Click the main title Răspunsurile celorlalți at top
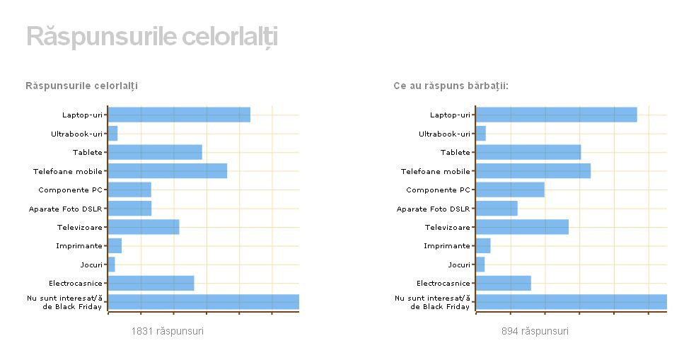(151, 37)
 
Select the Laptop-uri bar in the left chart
(179, 115)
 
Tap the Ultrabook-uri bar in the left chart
(112, 134)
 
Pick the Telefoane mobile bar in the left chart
(168, 171)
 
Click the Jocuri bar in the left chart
(111, 265)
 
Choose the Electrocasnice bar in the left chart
(151, 283)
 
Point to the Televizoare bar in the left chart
(144, 227)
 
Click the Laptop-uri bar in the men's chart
(557, 115)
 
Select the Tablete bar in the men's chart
(528, 152)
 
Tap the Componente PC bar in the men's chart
(510, 190)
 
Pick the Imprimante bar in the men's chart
(483, 245)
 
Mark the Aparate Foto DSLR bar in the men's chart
(497, 209)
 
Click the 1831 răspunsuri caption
(168, 331)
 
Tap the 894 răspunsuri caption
(535, 331)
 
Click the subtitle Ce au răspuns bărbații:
(451, 86)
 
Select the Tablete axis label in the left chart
(88, 152)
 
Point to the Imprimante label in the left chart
(79, 245)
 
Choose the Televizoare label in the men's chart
(447, 227)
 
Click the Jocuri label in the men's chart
(459, 265)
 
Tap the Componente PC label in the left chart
(70, 190)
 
